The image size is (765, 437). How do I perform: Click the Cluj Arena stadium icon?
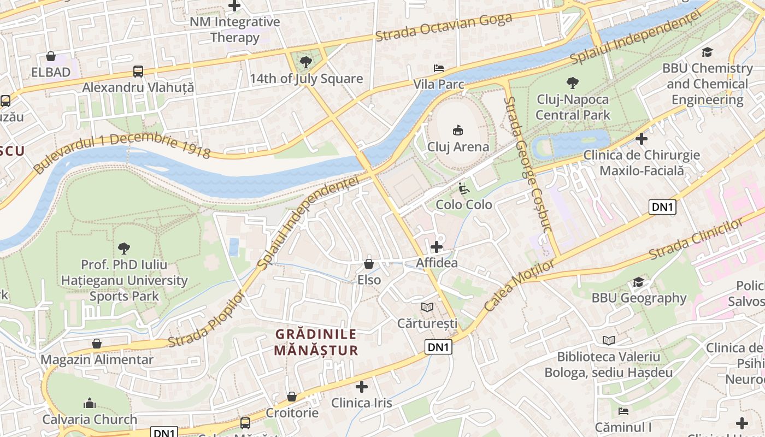click(x=458, y=130)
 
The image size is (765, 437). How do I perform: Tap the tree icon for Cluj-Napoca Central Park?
click(x=573, y=83)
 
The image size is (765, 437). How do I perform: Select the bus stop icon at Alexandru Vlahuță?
click(x=138, y=71)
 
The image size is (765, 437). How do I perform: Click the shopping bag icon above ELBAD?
click(x=51, y=56)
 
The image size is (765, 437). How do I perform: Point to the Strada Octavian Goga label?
click(x=443, y=27)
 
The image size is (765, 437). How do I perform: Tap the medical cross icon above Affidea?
click(x=436, y=247)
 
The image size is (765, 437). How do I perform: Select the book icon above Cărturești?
click(x=427, y=308)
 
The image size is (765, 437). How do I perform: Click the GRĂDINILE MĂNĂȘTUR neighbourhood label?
click(x=316, y=342)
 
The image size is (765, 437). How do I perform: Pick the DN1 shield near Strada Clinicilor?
click(x=662, y=207)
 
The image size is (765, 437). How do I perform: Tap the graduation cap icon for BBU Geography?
click(x=638, y=282)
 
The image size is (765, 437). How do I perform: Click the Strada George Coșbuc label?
click(x=529, y=172)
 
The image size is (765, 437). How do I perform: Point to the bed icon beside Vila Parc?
click(x=438, y=68)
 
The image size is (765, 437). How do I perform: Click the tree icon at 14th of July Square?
click(x=306, y=62)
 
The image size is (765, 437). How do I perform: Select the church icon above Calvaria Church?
click(x=90, y=404)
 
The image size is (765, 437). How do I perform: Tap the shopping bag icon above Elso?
click(x=369, y=264)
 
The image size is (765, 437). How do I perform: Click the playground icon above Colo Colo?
click(x=463, y=188)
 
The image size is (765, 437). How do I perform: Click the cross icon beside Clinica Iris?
click(x=361, y=387)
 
